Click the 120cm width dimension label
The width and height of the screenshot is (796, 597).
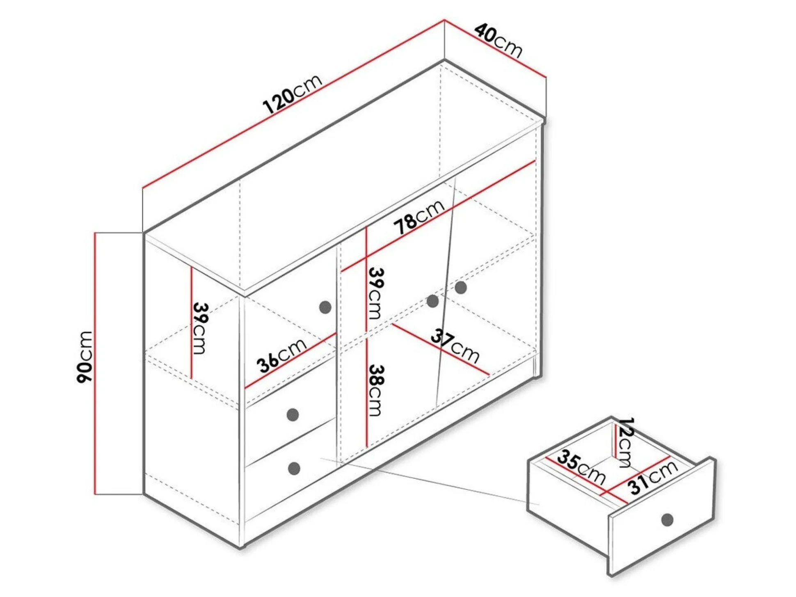coord(292,94)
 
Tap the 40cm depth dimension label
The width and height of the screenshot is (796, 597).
coord(498,41)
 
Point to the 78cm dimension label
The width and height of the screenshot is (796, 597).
coord(419,217)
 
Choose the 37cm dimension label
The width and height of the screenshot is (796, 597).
coord(455,346)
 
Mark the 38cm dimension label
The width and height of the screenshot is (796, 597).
coord(375,390)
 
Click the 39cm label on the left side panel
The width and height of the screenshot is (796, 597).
coord(201,328)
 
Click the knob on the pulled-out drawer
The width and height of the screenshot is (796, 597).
coord(668,520)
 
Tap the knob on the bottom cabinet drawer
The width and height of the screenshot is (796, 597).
coord(294,468)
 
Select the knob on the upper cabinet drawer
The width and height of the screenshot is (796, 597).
coord(293,414)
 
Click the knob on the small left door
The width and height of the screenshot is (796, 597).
coord(325,307)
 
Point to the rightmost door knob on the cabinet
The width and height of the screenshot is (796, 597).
coord(461,287)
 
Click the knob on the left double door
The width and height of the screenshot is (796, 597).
coord(432,301)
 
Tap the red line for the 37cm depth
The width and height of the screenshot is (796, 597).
coord(441,349)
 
